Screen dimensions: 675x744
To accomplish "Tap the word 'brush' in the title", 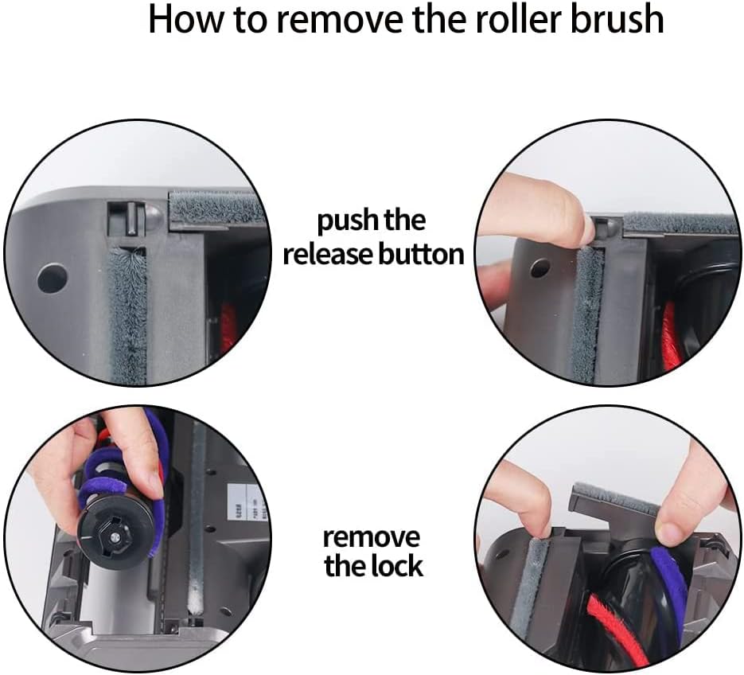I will [x=614, y=19].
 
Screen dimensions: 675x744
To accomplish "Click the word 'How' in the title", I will [x=184, y=19].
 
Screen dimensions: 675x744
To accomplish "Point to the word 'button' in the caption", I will [x=422, y=254].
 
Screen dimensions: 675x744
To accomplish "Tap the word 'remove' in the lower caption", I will [x=372, y=536].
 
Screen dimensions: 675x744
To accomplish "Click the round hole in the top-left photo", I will [x=53, y=278].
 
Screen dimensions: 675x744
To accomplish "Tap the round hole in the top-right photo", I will [x=539, y=268].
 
